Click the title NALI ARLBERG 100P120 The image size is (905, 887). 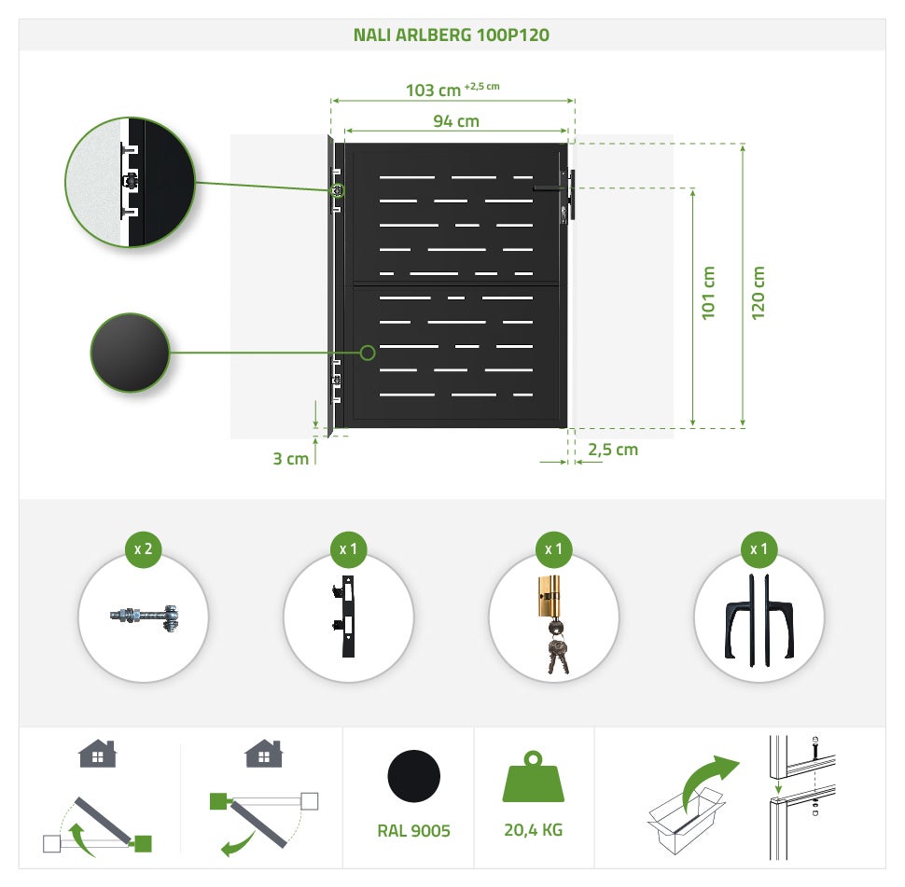(x=452, y=35)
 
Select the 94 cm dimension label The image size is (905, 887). (x=456, y=121)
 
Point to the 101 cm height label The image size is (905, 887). (x=708, y=293)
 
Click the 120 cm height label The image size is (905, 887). (x=758, y=293)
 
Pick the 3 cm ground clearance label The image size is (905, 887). (x=290, y=459)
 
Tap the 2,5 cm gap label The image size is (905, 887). (x=613, y=450)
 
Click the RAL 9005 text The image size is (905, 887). (x=413, y=830)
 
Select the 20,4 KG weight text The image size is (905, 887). (x=533, y=830)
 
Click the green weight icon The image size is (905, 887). (x=534, y=777)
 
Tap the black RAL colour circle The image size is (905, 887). (x=414, y=776)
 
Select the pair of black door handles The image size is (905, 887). (x=759, y=620)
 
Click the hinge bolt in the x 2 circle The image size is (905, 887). (x=145, y=617)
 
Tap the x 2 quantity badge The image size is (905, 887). (x=143, y=549)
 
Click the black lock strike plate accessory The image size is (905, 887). (x=345, y=616)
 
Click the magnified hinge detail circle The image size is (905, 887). (x=131, y=183)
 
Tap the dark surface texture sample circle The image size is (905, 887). (x=130, y=353)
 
